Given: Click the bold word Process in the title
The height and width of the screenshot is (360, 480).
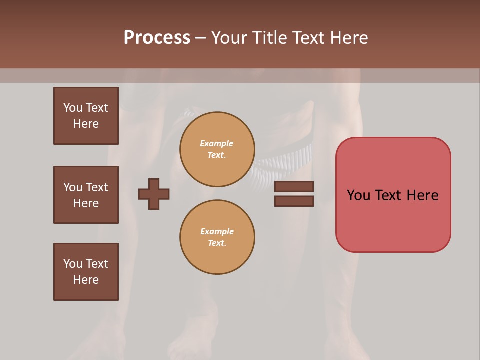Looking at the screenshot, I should point(157,38).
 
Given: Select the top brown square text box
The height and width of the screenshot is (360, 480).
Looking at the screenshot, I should point(86,116).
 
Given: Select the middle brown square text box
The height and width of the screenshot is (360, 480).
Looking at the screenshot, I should point(86,195).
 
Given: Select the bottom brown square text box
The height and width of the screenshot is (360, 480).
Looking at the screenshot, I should point(86,272).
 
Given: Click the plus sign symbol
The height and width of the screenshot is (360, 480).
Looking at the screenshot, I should point(154,194).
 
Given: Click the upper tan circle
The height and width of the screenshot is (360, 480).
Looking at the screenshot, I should point(217,149).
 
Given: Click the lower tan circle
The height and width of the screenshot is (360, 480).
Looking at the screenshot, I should point(217,237).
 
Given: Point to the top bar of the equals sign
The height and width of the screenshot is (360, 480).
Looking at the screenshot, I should point(294,187).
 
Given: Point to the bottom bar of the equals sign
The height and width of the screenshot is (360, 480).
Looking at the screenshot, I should point(294,201).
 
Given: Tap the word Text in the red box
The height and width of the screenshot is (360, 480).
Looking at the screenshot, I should point(392,195).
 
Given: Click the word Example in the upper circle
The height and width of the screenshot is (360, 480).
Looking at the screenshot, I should point(216,143).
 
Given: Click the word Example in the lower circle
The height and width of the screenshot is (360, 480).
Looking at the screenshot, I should point(217,231).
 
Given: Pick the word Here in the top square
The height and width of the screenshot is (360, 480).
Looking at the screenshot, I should point(86,124).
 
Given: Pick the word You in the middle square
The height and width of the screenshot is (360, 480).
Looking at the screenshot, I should point(73,187).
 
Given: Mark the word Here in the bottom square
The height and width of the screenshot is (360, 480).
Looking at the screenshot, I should point(86,280).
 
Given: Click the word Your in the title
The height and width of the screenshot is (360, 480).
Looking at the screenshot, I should point(229,38).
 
